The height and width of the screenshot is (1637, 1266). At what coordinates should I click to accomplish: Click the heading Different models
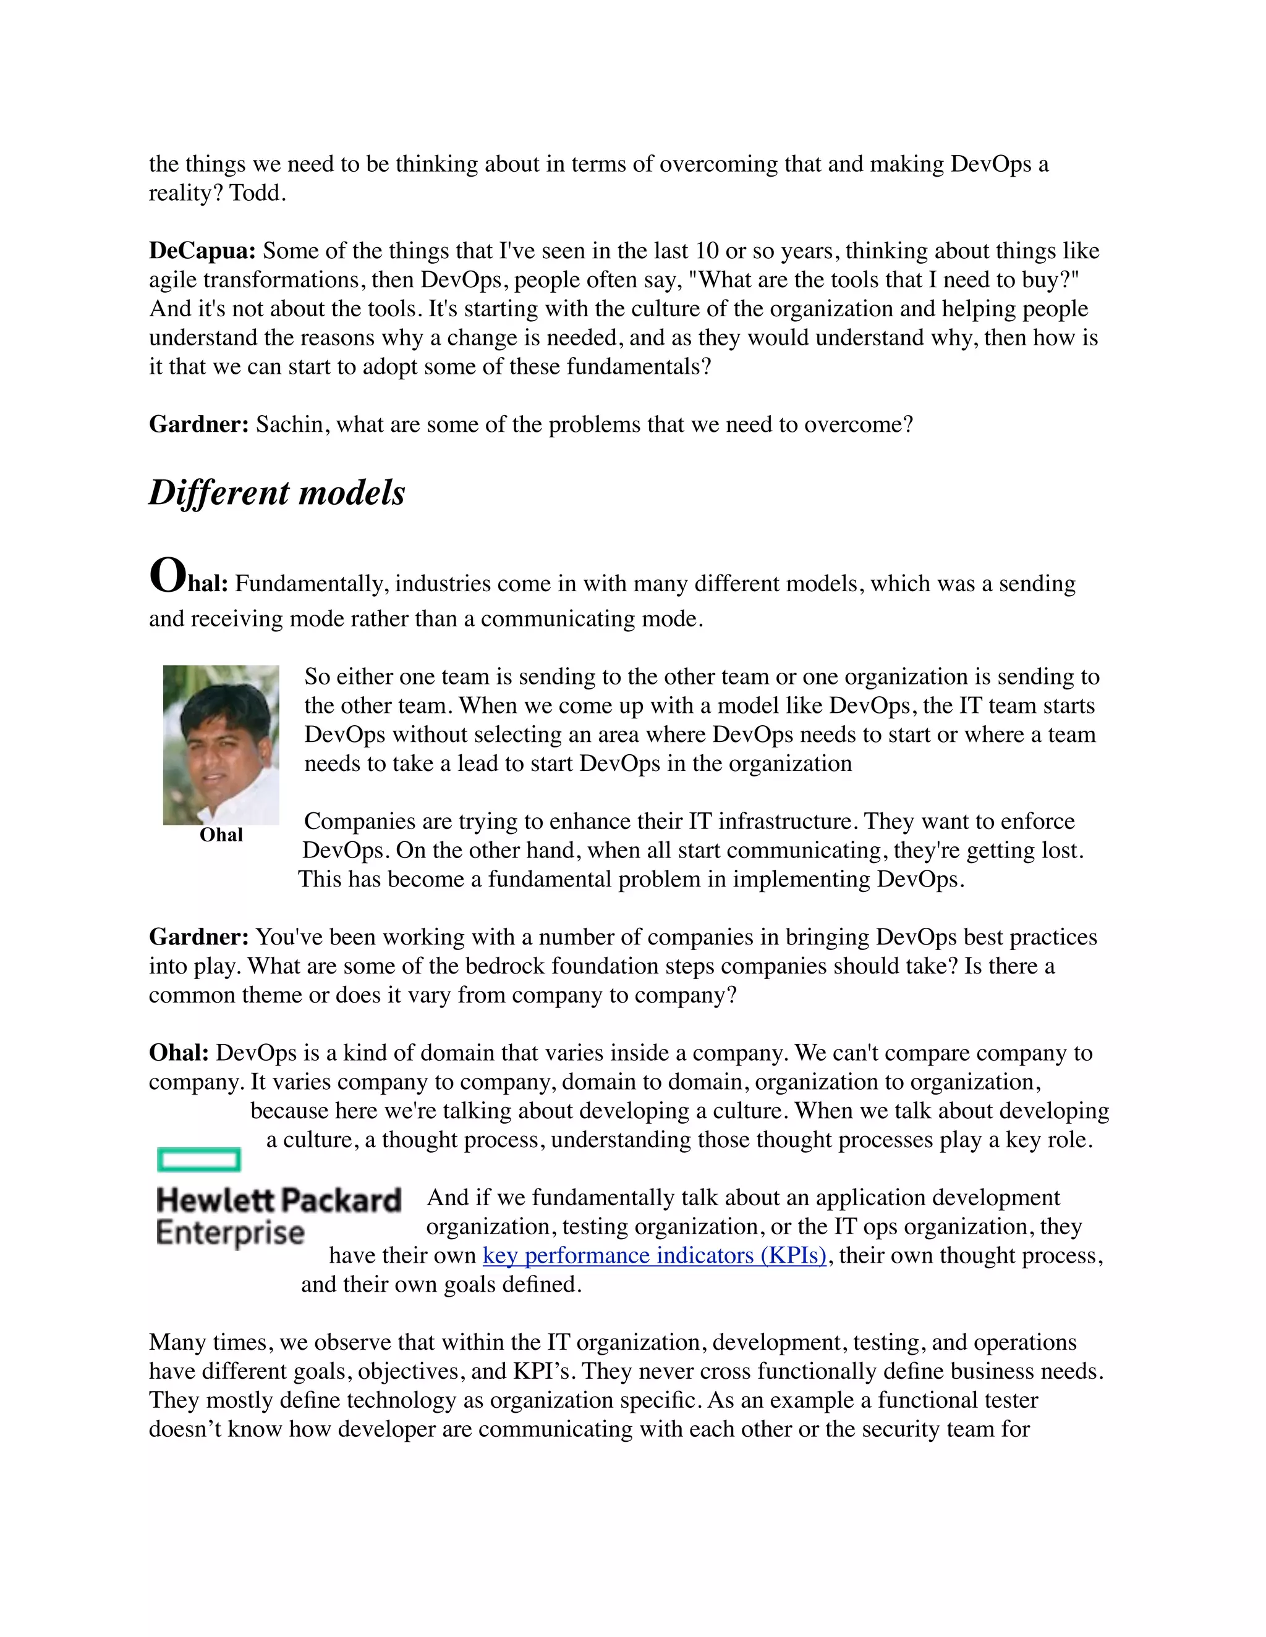coord(277,493)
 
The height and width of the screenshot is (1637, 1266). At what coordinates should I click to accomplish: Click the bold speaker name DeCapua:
coord(203,250)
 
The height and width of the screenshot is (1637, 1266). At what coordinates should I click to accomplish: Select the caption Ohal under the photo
coord(221,835)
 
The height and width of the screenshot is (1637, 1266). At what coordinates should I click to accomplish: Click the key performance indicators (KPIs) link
coord(654,1255)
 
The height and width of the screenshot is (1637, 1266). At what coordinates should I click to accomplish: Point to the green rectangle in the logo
coord(199,1159)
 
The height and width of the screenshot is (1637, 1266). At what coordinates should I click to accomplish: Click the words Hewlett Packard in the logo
coord(278,1200)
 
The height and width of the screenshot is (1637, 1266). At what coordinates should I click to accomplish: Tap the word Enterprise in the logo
coord(229,1233)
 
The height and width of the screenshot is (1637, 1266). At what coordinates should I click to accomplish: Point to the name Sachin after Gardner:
coord(292,424)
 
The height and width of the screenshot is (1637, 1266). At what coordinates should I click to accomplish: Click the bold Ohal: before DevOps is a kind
coord(179,1053)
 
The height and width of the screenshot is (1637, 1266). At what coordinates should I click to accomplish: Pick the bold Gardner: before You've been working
coord(199,937)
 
